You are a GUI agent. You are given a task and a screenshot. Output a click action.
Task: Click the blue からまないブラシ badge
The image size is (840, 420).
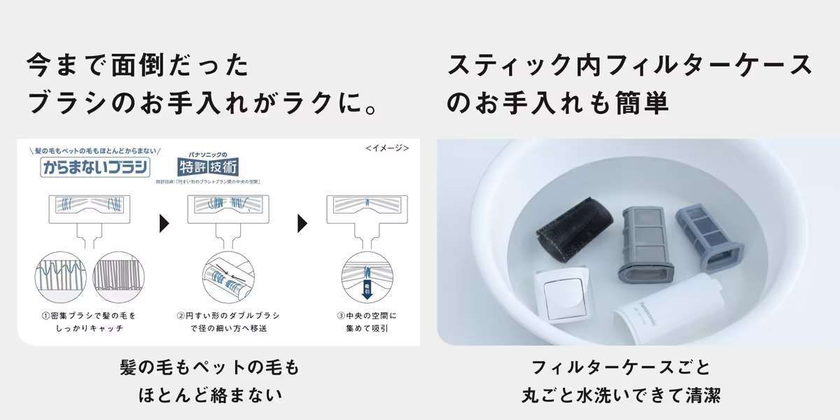coord(95,169)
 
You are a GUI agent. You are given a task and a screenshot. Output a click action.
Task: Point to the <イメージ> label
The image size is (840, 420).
coord(386,148)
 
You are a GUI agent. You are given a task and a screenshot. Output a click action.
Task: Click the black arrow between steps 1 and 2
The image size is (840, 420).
coord(165,224)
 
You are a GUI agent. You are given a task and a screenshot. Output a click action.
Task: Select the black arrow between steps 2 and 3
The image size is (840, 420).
coord(303,224)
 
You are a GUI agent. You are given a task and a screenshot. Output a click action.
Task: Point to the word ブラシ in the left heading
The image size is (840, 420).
coord(67,103)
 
